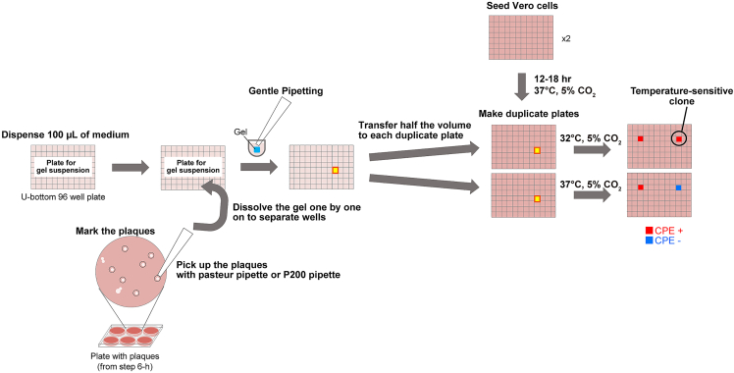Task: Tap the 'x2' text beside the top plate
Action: [x=565, y=40]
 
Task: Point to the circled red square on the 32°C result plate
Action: [x=678, y=139]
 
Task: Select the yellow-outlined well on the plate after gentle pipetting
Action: [x=335, y=171]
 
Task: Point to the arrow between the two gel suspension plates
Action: [x=127, y=168]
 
